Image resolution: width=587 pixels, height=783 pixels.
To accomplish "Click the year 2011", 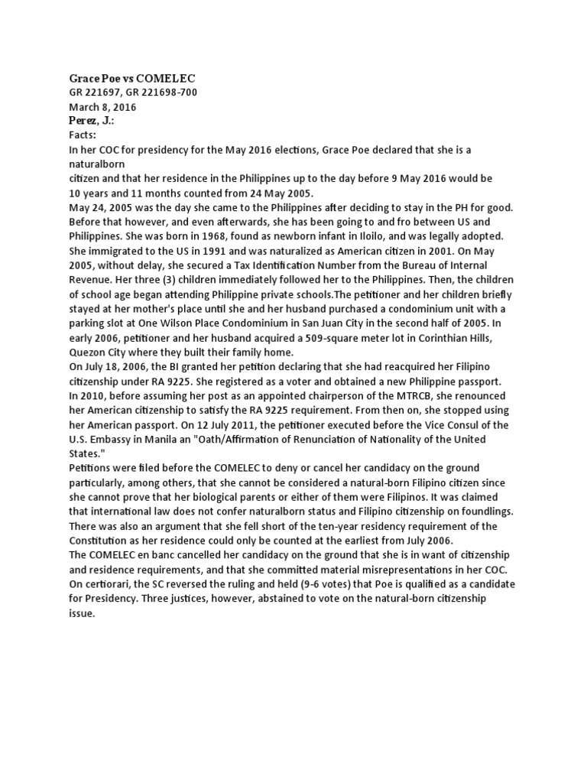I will (270, 424).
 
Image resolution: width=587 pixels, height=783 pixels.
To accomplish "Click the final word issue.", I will (81, 612).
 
